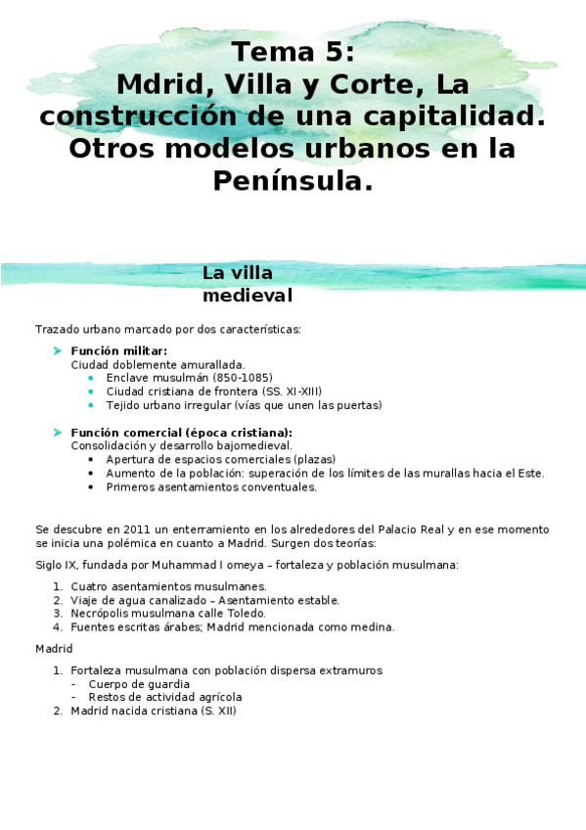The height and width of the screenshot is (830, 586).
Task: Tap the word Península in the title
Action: (x=293, y=181)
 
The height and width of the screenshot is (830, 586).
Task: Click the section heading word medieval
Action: (x=248, y=295)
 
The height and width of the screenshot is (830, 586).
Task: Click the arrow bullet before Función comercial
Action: (x=58, y=432)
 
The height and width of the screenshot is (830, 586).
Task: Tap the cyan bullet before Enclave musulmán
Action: (x=91, y=377)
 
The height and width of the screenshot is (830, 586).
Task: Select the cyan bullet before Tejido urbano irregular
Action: (x=91, y=404)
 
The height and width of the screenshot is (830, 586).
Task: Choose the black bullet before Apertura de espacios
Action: (x=91, y=459)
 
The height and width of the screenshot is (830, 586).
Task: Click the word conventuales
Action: (x=279, y=486)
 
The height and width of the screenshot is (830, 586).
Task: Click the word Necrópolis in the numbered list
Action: (x=97, y=614)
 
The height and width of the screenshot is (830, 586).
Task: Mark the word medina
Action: (x=375, y=627)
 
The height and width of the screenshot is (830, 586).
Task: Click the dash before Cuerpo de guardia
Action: (x=74, y=684)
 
